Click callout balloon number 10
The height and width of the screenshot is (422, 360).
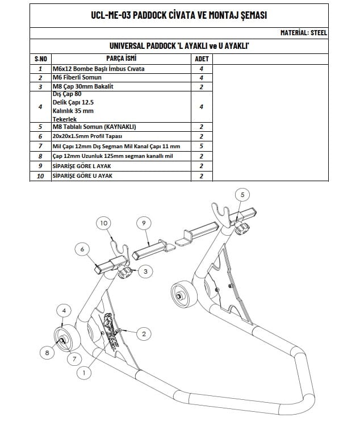(x=103, y=224)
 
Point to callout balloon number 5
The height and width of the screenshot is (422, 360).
(x=242, y=195)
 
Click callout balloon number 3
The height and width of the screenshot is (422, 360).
(x=145, y=272)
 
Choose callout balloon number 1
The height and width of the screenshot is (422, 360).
(x=84, y=373)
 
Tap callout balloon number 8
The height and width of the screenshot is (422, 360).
(x=47, y=353)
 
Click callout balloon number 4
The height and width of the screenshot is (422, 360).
(x=64, y=311)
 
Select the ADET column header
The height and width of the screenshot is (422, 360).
(x=202, y=59)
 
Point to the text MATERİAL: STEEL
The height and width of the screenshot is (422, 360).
(x=304, y=33)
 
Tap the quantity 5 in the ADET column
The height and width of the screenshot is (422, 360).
(x=202, y=147)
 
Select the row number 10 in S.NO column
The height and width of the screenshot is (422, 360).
(x=40, y=176)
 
